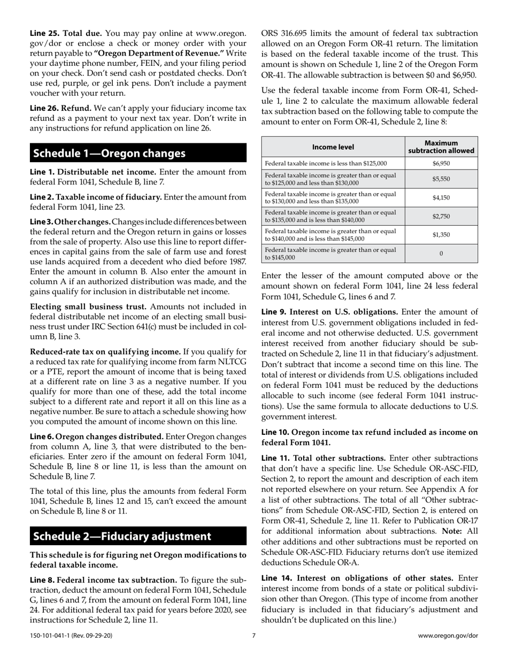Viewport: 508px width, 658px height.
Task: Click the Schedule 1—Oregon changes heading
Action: pos(109,154)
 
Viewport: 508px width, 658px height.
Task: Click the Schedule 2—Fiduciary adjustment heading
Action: pos(122,536)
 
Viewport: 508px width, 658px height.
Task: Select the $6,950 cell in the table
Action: pos(441,163)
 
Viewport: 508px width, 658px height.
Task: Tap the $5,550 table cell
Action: pos(441,179)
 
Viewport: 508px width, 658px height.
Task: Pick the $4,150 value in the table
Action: pos(441,197)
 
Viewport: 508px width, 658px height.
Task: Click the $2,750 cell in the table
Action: pos(441,216)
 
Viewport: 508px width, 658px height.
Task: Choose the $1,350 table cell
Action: pos(441,234)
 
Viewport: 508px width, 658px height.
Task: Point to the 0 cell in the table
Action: pos(441,254)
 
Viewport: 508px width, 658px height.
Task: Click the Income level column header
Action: pos(333,147)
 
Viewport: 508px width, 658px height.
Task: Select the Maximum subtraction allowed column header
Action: pos(441,147)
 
